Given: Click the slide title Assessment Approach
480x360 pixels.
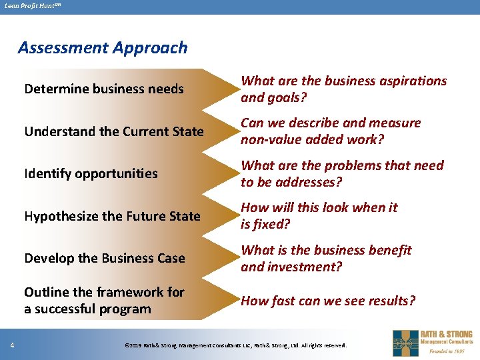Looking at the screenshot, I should coord(103,48).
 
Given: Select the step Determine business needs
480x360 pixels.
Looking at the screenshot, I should coord(104,89).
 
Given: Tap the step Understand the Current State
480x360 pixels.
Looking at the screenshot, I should coord(114,131).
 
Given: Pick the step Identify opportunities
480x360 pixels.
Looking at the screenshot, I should coord(91,173).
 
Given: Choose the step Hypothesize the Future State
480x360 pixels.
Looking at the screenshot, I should coord(112,216).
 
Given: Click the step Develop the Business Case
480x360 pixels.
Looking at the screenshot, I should coord(105,258).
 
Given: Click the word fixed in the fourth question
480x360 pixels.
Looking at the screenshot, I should coord(271,224).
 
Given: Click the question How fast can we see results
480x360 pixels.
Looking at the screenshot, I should coord(328,301).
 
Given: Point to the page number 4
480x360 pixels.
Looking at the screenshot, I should coord(13,345).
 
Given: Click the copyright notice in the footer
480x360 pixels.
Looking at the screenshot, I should coord(236,345).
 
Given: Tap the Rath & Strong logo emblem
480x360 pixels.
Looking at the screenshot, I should coord(405,343).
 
